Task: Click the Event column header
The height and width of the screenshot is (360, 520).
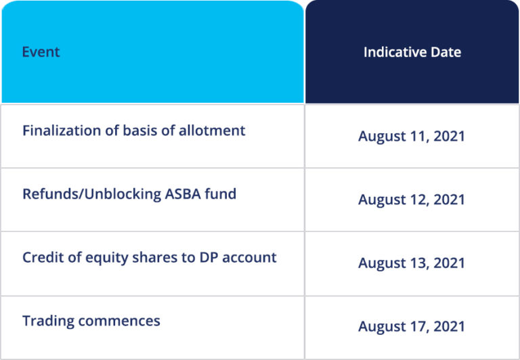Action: pyautogui.click(x=41, y=52)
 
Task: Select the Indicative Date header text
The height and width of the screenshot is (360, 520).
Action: pyautogui.click(x=412, y=52)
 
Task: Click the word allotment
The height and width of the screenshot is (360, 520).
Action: pyautogui.click(x=212, y=131)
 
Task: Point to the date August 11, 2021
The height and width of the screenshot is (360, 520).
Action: pyautogui.click(x=412, y=136)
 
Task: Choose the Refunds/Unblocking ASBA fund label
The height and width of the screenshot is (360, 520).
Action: pyautogui.click(x=129, y=194)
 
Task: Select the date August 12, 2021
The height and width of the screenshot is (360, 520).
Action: pyautogui.click(x=412, y=200)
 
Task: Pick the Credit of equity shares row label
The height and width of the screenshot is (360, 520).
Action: pyautogui.click(x=150, y=258)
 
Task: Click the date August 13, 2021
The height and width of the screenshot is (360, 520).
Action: pyautogui.click(x=412, y=263)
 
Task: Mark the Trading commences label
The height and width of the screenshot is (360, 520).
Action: pyautogui.click(x=91, y=321)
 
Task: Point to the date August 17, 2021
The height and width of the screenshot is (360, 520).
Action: pyautogui.click(x=412, y=327)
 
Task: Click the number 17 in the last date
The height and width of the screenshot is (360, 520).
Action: pyautogui.click(x=419, y=326)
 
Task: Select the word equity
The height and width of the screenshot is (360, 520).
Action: pyautogui.click(x=107, y=258)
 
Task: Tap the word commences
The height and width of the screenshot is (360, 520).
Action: pyautogui.click(x=119, y=321)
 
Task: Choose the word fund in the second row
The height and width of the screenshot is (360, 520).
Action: pyautogui.click(x=221, y=194)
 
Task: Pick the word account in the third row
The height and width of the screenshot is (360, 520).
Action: pyautogui.click(x=249, y=258)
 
